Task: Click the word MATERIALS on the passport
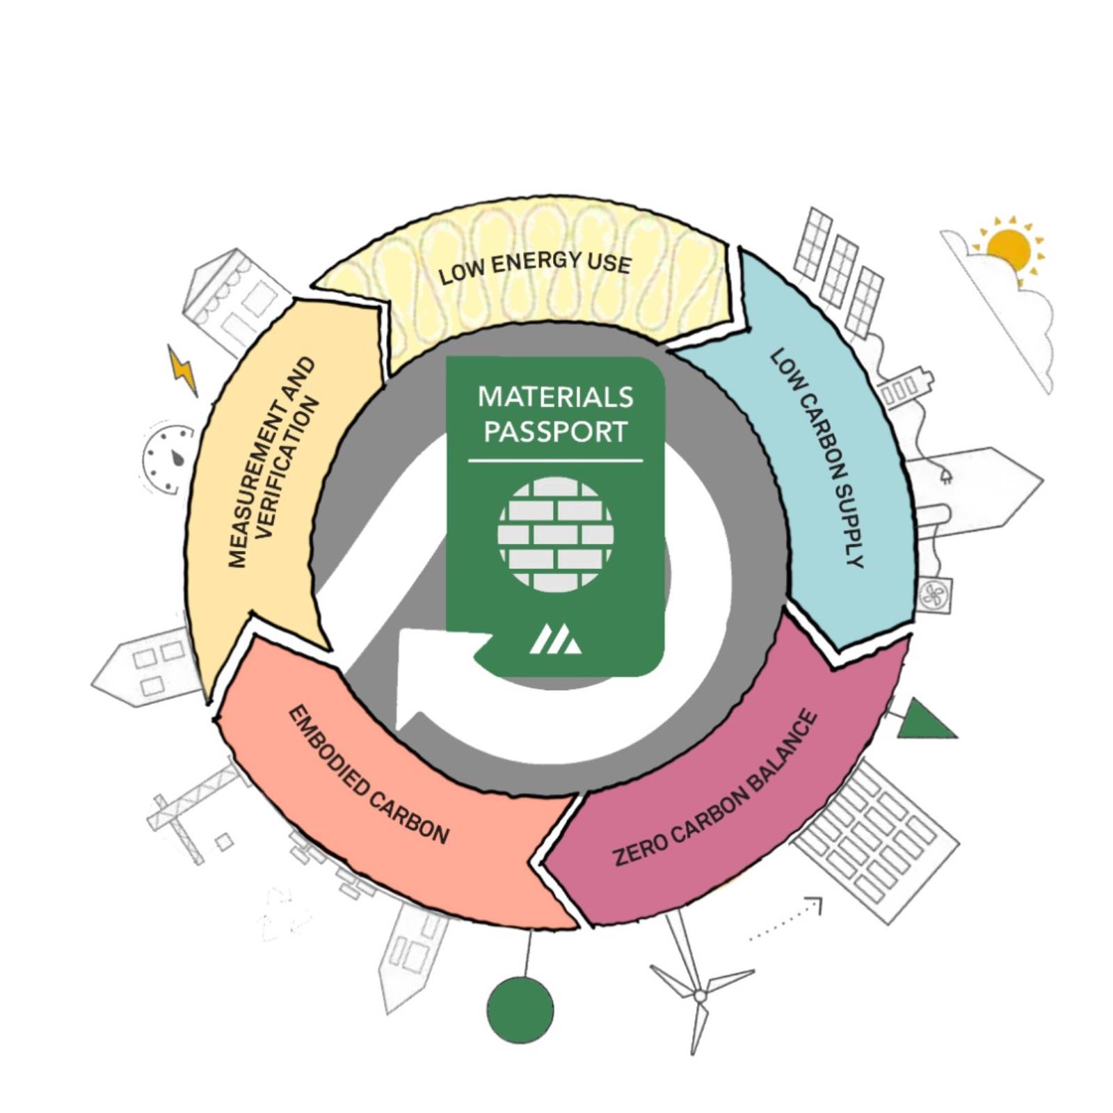(555, 397)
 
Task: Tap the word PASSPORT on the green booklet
(555, 431)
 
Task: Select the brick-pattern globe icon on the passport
(555, 534)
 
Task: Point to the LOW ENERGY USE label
(535, 268)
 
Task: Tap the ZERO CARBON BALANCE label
(715, 787)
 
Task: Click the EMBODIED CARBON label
(368, 774)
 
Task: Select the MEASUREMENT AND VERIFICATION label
(273, 462)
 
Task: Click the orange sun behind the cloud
(1009, 249)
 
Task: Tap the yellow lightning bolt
(183, 370)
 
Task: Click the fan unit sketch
(934, 595)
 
